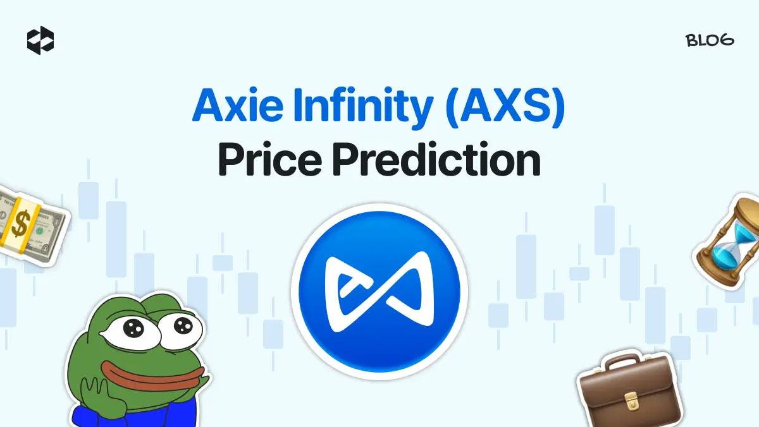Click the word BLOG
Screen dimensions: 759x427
(710, 40)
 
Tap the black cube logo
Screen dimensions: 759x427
(40, 40)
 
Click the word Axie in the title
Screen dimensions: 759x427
(238, 105)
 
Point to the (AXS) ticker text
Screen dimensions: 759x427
(505, 107)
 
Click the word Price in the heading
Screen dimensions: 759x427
(270, 159)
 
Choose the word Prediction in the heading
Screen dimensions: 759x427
(437, 159)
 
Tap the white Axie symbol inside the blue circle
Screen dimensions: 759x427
(379, 292)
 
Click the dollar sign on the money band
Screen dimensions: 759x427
(20, 222)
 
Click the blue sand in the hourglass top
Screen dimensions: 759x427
(745, 234)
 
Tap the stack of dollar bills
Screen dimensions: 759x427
(32, 225)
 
